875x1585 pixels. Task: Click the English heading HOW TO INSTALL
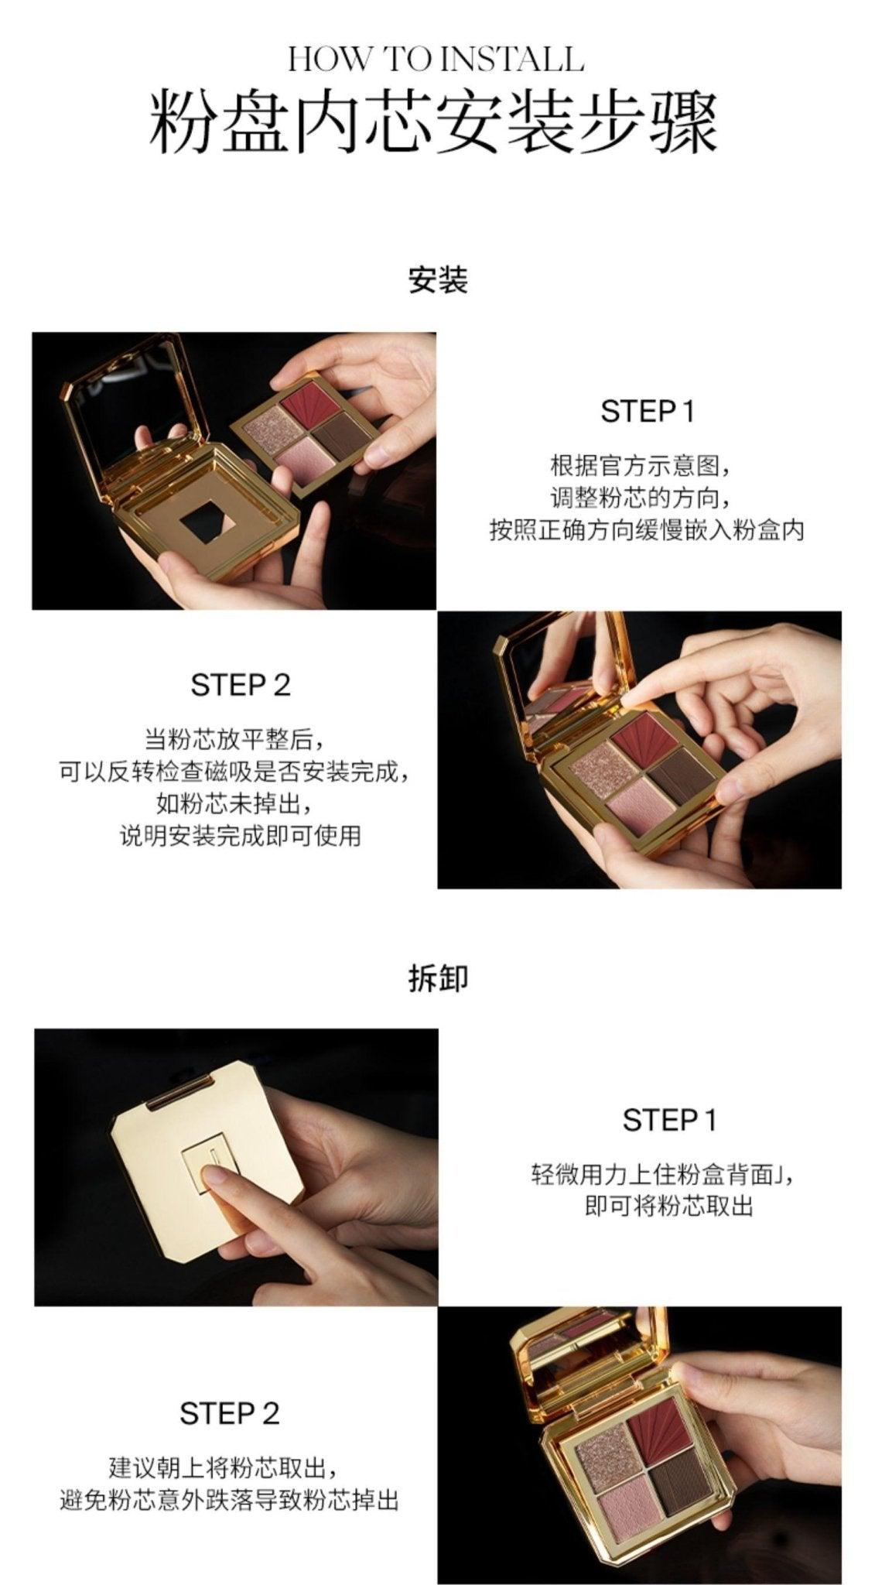point(436,60)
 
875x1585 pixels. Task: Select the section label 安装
point(437,279)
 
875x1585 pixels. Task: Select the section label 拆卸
point(437,978)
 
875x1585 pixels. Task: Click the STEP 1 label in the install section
point(648,411)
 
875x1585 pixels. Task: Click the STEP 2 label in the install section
point(240,685)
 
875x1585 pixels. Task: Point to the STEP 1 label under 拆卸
point(669,1120)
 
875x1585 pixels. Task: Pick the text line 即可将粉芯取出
point(668,1207)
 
